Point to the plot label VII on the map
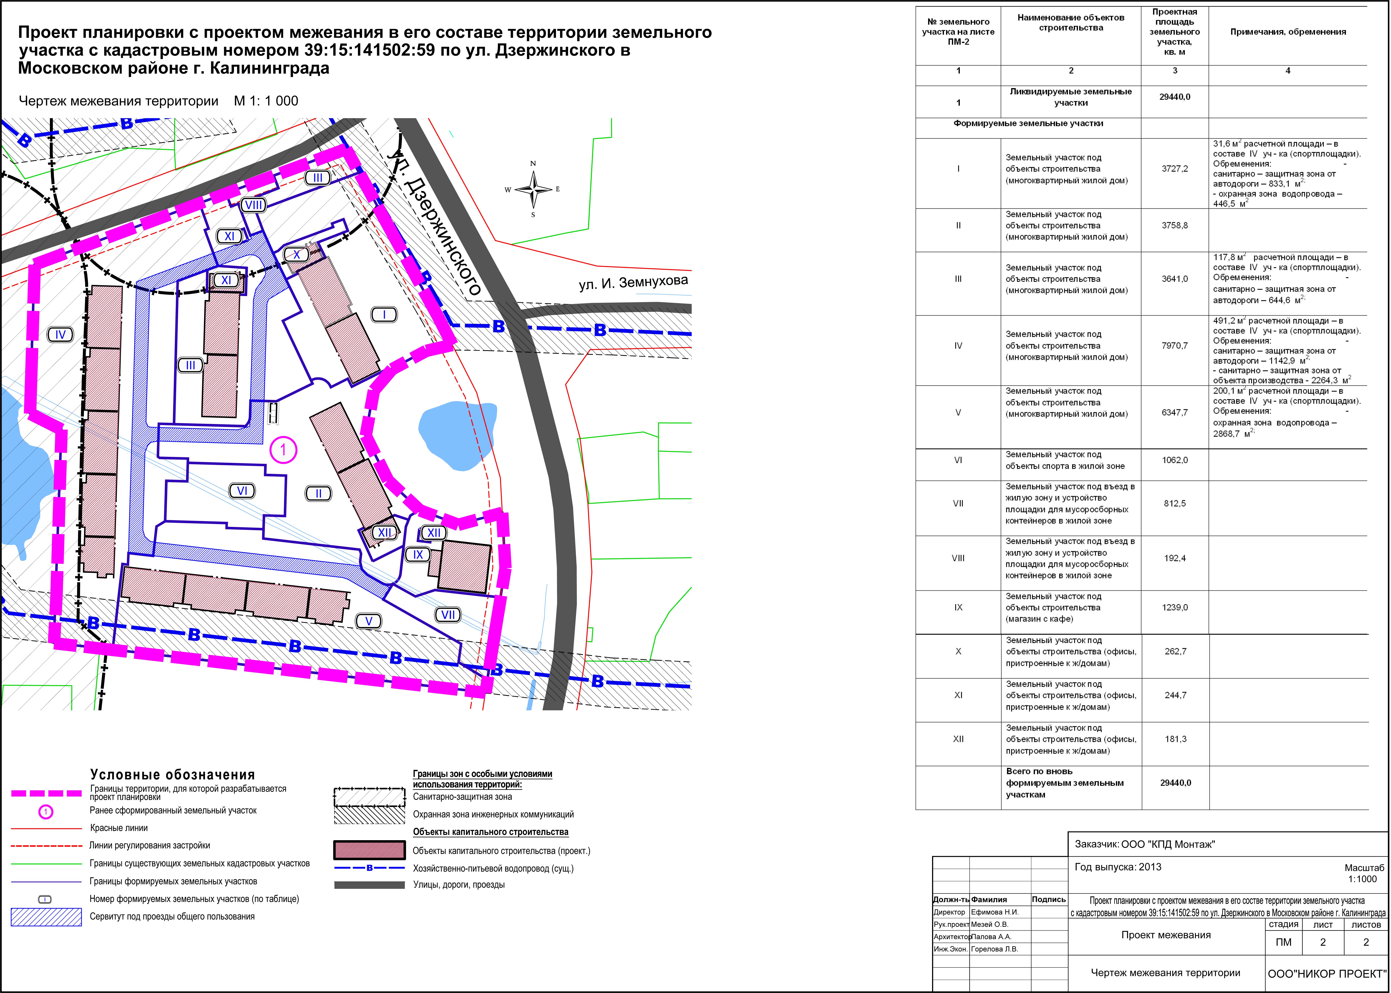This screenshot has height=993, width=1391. click(448, 615)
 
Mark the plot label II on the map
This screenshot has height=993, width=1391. click(318, 493)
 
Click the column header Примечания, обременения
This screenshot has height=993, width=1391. click(1288, 32)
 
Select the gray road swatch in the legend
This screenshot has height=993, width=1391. click(369, 885)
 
